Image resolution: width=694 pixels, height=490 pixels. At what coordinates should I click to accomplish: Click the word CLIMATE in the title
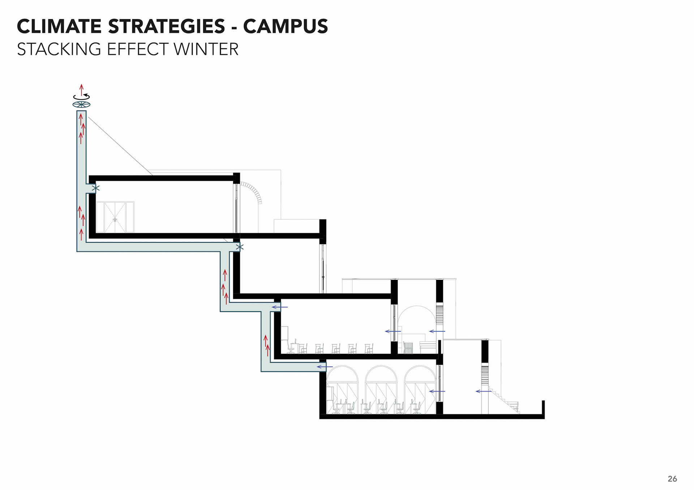[x=59, y=26]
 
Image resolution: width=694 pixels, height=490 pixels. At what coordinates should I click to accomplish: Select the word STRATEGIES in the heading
[x=166, y=26]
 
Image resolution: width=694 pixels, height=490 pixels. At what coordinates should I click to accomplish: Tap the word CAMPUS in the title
[x=285, y=26]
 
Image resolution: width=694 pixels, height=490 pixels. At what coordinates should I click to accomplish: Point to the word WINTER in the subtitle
[x=206, y=49]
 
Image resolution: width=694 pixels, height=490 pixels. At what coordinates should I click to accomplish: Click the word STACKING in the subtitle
[x=59, y=49]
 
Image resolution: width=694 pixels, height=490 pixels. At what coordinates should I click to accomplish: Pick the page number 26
[x=672, y=479]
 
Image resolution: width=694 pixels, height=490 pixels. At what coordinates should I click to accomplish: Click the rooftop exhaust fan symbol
[x=81, y=105]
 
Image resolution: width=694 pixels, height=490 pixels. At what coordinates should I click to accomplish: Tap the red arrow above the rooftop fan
[x=82, y=89]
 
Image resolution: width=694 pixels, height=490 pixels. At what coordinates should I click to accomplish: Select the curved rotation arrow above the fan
[x=82, y=97]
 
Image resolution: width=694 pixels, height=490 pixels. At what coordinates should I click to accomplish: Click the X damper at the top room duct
[x=95, y=188]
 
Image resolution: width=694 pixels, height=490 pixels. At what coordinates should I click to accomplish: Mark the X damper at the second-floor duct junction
[x=240, y=247]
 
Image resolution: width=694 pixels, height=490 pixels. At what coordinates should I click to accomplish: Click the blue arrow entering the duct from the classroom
[x=280, y=307]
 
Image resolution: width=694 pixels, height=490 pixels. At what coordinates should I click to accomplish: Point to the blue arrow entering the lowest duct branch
[x=325, y=367]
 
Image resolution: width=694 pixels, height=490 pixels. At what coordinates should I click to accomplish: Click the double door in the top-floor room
[x=115, y=217]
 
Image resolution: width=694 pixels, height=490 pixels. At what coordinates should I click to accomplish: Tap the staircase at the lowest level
[x=506, y=401]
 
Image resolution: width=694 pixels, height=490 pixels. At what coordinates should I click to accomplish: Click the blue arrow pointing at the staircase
[x=483, y=391]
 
